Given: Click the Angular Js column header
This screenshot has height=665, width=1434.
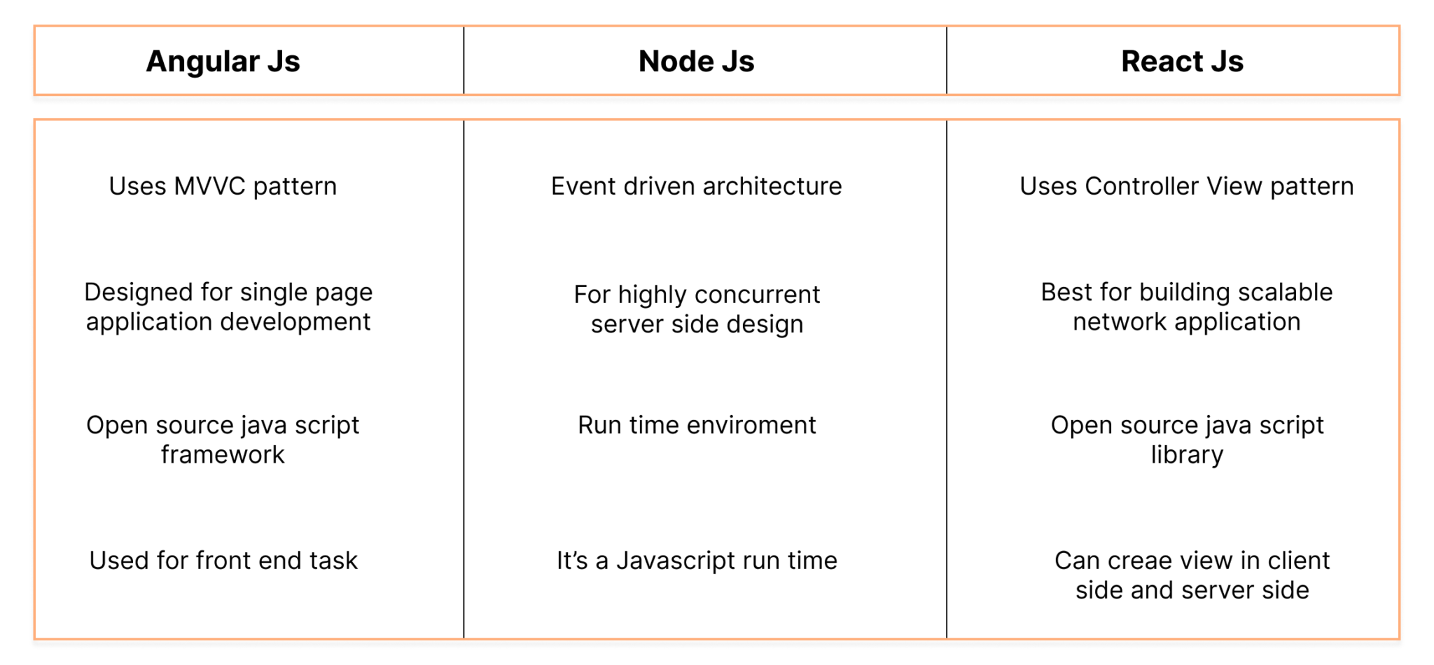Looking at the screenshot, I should pyautogui.click(x=223, y=62).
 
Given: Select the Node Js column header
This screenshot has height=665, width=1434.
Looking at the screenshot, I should pyautogui.click(x=696, y=62).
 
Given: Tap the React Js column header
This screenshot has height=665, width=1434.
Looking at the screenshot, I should pyautogui.click(x=1182, y=62).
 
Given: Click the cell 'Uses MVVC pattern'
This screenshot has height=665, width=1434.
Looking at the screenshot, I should pyautogui.click(x=223, y=186).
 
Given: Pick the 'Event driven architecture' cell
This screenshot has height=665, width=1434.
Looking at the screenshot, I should pyautogui.click(x=696, y=186).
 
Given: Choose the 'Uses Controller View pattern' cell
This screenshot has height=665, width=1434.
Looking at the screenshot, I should pyautogui.click(x=1186, y=186).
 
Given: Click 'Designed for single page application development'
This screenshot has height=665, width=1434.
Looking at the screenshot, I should pyautogui.click(x=228, y=307).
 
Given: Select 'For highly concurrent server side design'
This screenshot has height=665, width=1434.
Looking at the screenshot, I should pyautogui.click(x=697, y=309).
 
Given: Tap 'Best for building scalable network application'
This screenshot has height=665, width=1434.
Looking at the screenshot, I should pyautogui.click(x=1186, y=307).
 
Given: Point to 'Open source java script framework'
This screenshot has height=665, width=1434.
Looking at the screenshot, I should pyautogui.click(x=223, y=440).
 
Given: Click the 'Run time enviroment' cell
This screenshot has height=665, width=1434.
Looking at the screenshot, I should pyautogui.click(x=697, y=425).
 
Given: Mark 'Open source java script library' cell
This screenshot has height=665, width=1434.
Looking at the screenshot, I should pyautogui.click(x=1187, y=440).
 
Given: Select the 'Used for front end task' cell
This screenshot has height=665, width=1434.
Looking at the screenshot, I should pyautogui.click(x=223, y=560).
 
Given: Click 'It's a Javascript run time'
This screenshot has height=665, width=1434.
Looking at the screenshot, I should pyautogui.click(x=697, y=560).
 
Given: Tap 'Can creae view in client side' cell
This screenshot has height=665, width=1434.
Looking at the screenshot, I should pyautogui.click(x=1192, y=575).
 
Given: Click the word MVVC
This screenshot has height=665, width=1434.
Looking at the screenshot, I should pyautogui.click(x=209, y=186).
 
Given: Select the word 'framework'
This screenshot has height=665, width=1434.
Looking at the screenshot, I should pyautogui.click(x=223, y=455).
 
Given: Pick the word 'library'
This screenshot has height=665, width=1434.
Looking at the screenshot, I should pyautogui.click(x=1187, y=455).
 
